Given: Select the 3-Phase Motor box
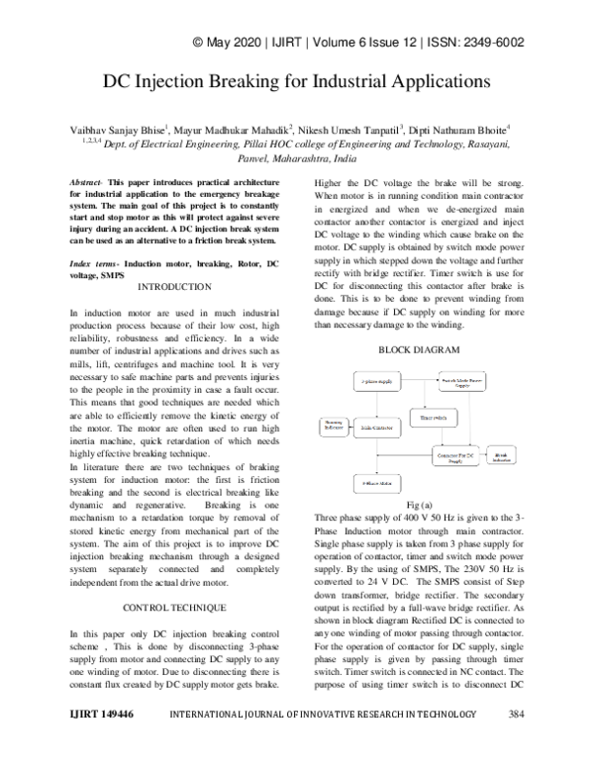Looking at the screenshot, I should (x=374, y=483).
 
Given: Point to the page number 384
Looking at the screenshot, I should (x=515, y=741).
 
